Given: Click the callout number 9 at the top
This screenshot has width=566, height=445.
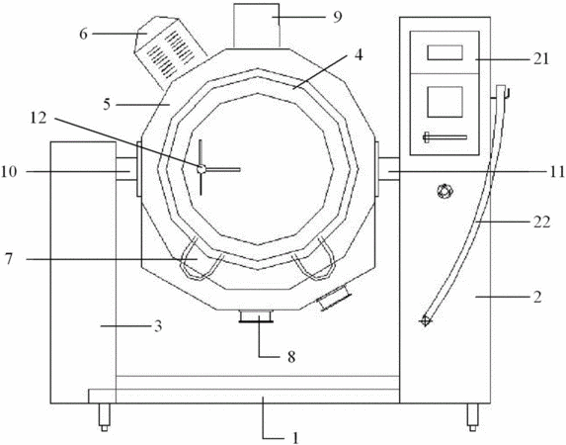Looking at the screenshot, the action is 337,17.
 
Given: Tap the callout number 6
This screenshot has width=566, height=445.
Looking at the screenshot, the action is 83,34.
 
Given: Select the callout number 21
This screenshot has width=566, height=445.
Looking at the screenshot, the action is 540,58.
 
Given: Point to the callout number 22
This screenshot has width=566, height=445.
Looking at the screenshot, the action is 542,222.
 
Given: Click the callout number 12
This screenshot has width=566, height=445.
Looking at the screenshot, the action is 39,118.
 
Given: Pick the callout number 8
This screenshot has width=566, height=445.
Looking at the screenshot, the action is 291,357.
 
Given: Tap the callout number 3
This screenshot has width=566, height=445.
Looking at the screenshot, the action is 158,326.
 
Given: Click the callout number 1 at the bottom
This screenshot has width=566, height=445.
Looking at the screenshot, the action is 295,438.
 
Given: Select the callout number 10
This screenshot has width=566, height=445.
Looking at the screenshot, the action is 9,171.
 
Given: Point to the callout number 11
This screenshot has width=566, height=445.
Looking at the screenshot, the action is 558,171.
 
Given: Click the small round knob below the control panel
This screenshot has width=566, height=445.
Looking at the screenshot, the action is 445,191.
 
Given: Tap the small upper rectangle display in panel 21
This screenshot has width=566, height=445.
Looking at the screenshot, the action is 445,52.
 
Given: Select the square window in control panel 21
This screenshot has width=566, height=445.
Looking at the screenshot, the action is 445,102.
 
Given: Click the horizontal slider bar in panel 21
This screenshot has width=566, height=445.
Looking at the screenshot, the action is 445,137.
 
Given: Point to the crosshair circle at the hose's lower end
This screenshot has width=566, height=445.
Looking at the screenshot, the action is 425,320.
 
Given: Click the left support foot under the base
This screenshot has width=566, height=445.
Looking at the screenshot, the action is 105,417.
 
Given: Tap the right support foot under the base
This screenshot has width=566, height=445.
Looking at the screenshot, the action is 472,417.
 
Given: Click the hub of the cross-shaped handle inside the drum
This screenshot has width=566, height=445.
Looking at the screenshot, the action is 202,169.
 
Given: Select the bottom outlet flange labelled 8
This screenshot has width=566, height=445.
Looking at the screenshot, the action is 256,315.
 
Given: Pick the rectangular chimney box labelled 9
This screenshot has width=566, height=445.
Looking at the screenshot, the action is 256,26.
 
